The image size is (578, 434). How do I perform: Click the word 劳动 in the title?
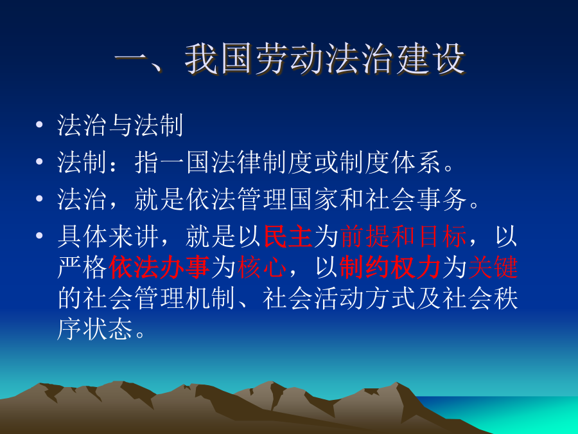tap(289, 59)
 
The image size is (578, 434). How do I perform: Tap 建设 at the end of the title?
tap(430, 59)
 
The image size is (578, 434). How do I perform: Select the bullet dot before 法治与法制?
tap(39, 125)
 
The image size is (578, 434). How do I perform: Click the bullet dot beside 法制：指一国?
tap(39, 162)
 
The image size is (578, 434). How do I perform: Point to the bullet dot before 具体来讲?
tap(39, 236)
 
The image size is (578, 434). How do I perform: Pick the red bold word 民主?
tap(288, 236)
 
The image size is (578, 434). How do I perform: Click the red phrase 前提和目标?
tap(403, 236)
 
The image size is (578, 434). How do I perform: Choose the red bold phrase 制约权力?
tap(390, 267)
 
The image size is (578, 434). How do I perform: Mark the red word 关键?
tap(493, 267)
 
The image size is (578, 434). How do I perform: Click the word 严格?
tap(83, 267)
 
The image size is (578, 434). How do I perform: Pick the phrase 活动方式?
tap(365, 298)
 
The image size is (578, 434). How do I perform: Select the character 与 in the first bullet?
tap(121, 125)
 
